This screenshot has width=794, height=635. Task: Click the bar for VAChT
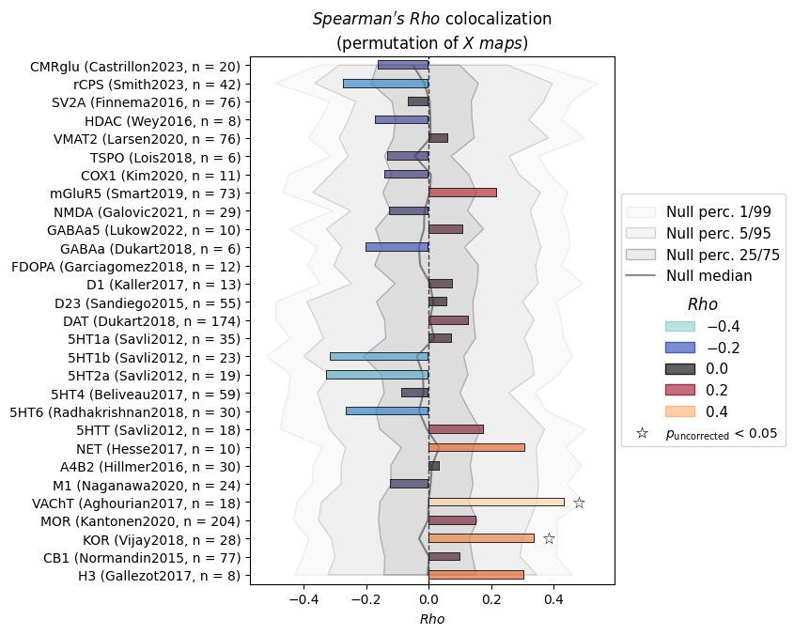(496, 503)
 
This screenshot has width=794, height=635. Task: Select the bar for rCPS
(386, 84)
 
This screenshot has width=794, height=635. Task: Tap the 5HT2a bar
(378, 375)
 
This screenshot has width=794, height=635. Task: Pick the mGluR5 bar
(463, 193)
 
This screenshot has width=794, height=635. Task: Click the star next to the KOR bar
(549, 539)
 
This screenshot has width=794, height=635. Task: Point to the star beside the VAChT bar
(580, 503)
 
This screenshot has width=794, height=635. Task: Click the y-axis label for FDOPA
(126, 267)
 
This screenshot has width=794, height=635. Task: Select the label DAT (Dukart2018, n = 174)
(152, 321)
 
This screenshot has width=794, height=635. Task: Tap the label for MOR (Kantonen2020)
(141, 521)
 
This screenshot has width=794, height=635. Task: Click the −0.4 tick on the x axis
(304, 599)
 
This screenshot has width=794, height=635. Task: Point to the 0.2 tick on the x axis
(491, 599)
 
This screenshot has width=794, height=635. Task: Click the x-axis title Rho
(432, 619)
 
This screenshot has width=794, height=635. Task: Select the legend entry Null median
(708, 275)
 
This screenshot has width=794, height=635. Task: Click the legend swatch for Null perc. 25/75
(641, 255)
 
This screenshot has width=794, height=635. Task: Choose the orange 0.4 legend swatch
(680, 411)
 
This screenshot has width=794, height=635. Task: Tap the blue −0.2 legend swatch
(680, 348)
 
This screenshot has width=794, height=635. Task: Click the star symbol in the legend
(642, 433)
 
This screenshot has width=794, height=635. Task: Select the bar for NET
(476, 448)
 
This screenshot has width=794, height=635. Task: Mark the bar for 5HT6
(387, 411)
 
